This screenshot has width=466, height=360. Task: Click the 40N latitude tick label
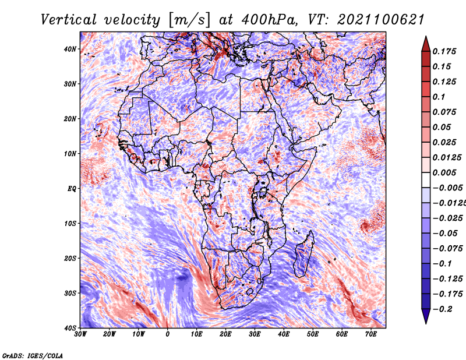point(70,49)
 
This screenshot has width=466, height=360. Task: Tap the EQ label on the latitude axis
point(72,189)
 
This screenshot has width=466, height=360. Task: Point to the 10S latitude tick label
point(70,224)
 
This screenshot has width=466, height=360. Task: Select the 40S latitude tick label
point(70,328)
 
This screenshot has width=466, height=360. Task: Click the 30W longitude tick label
point(80,334)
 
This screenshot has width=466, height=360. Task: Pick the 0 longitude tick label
point(168,334)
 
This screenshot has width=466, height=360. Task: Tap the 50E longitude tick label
point(313,334)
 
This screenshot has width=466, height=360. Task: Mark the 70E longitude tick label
point(370,334)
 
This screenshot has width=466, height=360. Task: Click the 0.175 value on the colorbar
point(444,51)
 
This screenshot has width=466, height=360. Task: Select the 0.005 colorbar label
point(444,172)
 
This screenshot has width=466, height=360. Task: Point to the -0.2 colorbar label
point(443,309)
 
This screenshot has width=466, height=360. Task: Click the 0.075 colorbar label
point(444,112)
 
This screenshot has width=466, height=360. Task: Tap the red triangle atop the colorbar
point(426,44)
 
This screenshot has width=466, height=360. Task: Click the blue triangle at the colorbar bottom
point(426,316)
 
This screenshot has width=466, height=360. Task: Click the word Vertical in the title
point(68,20)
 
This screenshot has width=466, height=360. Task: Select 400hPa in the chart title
point(270,20)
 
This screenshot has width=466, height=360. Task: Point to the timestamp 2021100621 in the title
point(380,20)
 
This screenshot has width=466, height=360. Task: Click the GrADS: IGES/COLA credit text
point(33,356)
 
